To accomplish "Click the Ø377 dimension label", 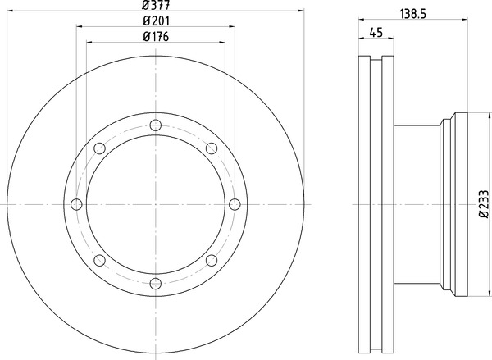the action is pyautogui.click(x=156, y=5).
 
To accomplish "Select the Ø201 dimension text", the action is pyautogui.click(x=156, y=21).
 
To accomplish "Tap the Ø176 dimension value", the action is pyautogui.click(x=156, y=37).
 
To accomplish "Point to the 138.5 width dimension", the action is pyautogui.click(x=413, y=14).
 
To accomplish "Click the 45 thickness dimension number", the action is pyautogui.click(x=376, y=33).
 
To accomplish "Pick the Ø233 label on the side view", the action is pyautogui.click(x=484, y=203).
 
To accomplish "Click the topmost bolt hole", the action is pyautogui.click(x=156, y=125).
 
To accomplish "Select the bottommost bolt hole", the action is pyautogui.click(x=156, y=284).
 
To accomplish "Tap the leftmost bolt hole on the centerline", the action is pyautogui.click(x=76, y=204).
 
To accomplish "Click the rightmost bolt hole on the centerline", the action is pyautogui.click(x=235, y=204).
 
